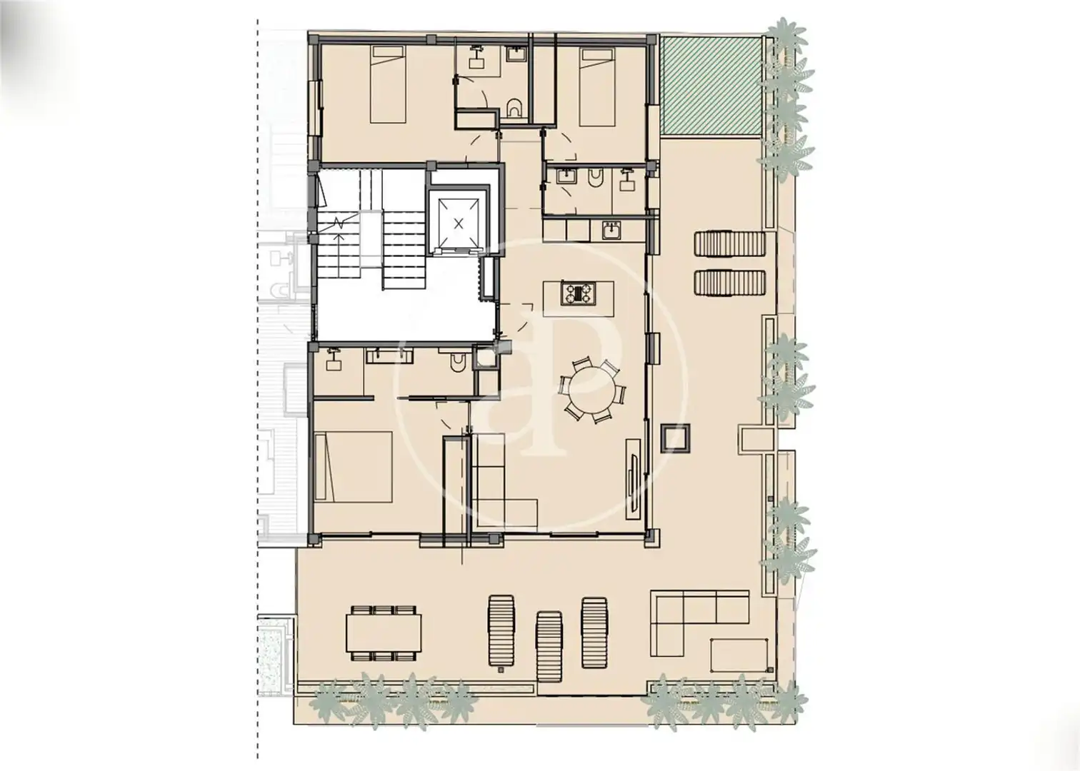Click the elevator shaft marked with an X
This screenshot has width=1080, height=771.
tap(459, 223)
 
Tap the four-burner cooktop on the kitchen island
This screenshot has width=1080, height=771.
tap(578, 293)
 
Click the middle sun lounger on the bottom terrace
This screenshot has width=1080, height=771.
tap(549, 646)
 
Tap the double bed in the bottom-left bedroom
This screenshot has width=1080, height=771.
tap(354, 467)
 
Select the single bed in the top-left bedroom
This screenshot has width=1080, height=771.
tap(386, 84)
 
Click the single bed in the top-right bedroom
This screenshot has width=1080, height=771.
tap(597, 87)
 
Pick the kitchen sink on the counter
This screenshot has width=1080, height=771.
tap(612, 231)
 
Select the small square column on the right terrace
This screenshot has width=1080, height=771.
tap(676, 438)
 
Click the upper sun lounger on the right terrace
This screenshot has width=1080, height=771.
tap(729, 244)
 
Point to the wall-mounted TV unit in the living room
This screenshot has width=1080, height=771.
tap(634, 479)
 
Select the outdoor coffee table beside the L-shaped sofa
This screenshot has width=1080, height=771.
tap(739, 655)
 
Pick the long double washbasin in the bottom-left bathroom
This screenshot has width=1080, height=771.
tap(389, 356)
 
